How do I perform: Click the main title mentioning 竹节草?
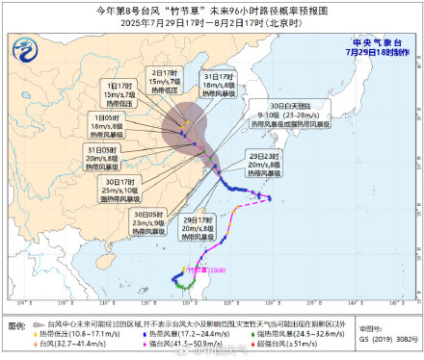pyautogui.click(x=211, y=9)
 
